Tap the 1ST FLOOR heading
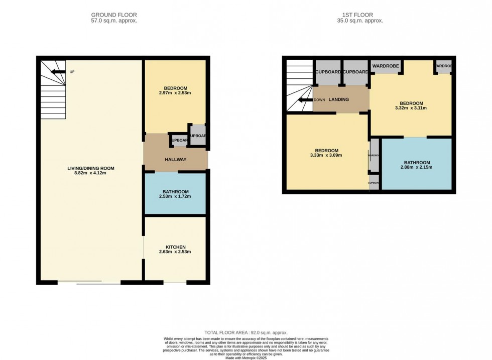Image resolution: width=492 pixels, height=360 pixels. coord(360,15)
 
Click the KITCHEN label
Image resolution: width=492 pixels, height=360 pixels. coord(175,247)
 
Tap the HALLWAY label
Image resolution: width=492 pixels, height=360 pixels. coord(175,160)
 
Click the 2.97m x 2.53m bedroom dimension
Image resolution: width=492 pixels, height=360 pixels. coord(175,93)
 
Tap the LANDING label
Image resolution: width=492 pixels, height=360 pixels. coord(338,99)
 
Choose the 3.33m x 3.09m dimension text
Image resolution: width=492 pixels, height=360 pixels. coord(326,156)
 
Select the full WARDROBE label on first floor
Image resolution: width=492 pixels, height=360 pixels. coord(386,66)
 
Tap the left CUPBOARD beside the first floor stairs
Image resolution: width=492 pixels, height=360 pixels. coord(328,72)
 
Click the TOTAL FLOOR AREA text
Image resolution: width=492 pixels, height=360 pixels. coord(245,333)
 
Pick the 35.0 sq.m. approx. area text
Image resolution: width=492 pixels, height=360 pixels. coord(360,21)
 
